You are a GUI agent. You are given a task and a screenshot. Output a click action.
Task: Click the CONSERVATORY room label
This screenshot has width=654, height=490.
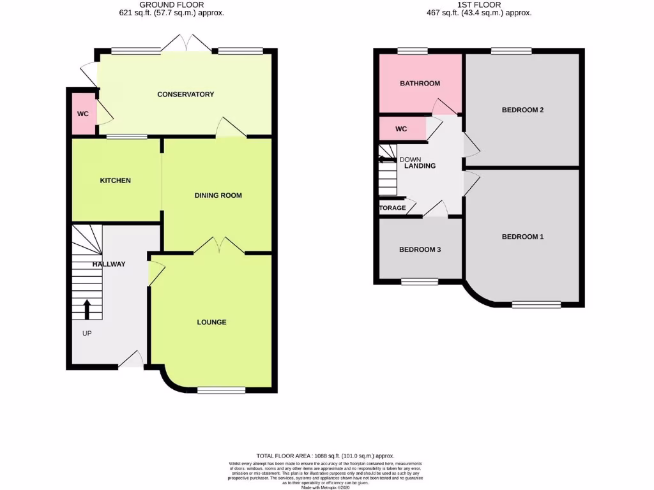pos(185,94)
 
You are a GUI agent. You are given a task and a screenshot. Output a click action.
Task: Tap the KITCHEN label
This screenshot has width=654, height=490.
pos(115,181)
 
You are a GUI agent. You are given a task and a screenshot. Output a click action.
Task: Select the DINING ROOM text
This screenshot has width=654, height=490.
pos(218,195)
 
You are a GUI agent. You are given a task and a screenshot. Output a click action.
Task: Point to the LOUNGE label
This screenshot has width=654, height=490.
pos(211,322)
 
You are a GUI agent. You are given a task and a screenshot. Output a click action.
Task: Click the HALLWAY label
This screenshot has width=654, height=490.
pos(109,264)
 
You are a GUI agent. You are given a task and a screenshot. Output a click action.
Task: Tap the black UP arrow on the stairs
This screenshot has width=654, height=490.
pos(87,309)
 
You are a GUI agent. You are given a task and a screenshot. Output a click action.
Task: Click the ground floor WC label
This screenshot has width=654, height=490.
pos(83,114)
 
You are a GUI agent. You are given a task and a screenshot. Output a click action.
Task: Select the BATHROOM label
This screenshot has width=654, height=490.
pos(420,84)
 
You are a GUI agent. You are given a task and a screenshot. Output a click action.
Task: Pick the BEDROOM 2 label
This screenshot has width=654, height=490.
pos(522,110)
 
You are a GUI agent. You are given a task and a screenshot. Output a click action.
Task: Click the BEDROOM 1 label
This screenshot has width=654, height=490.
pos(522,237)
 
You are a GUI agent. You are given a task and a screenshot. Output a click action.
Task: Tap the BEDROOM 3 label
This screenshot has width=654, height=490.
pos(420,249)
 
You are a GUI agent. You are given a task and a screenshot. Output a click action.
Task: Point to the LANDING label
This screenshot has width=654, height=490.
pos(420,166)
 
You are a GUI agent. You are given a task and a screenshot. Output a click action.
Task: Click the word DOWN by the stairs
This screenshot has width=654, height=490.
pos(411,159)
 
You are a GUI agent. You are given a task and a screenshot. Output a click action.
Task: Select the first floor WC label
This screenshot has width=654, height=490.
pos(401,129)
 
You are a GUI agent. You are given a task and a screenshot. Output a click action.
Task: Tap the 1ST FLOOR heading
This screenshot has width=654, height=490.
pos(479,4)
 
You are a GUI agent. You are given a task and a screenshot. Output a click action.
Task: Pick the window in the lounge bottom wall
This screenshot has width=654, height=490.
pos(221,390)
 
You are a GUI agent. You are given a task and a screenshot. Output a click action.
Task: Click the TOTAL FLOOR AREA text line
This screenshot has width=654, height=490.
pos(325,456)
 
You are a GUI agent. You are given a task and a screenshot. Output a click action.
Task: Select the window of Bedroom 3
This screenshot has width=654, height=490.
pos(420,281)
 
